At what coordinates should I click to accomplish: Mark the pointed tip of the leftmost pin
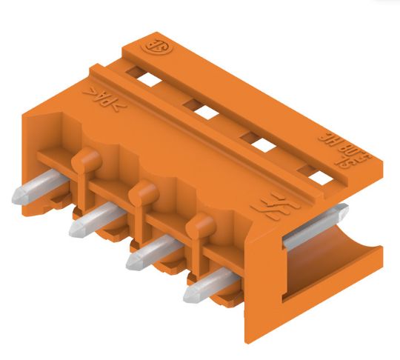click(x=18, y=197)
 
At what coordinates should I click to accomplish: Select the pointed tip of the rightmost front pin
click(x=190, y=296)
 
